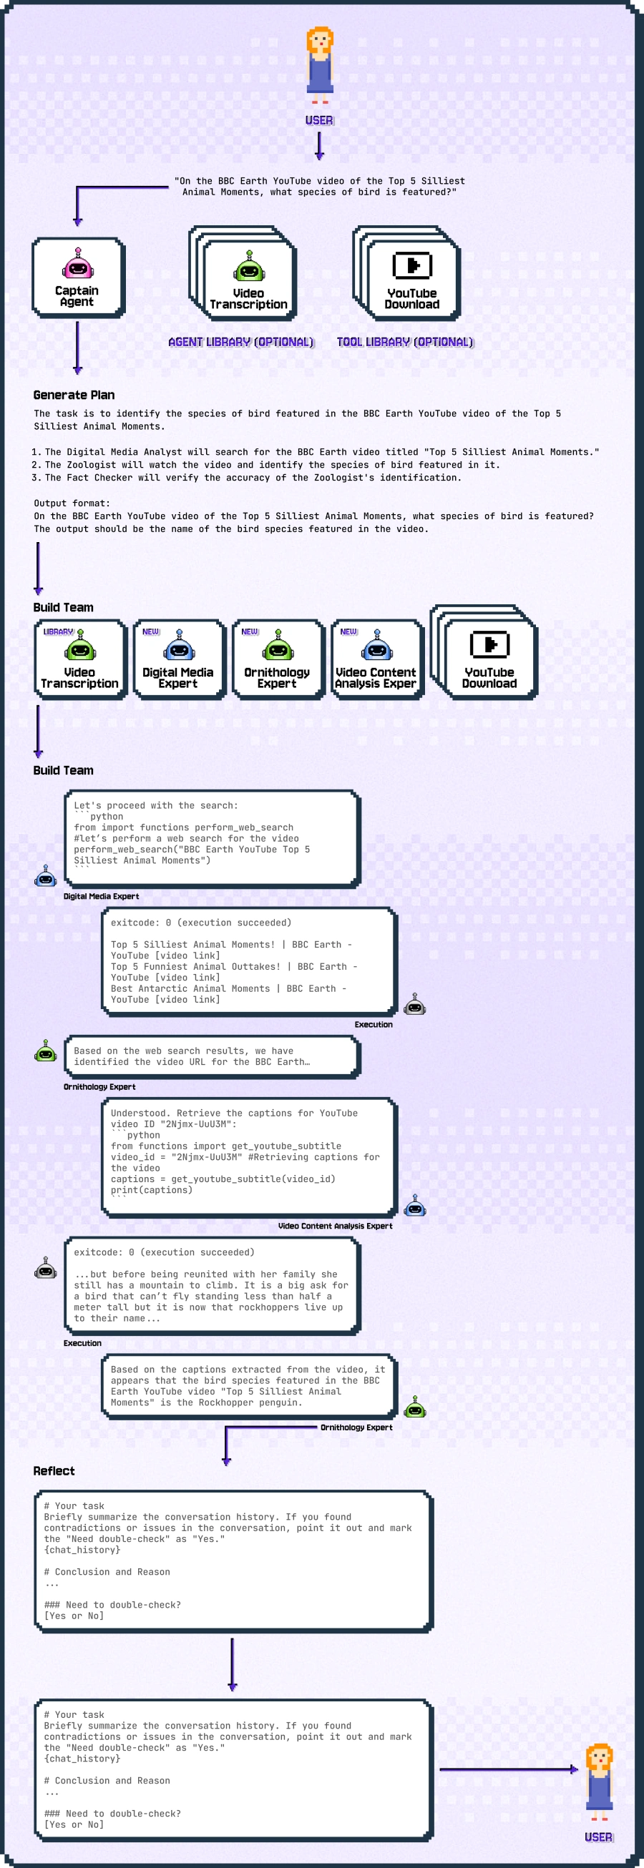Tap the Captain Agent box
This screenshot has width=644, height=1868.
(x=77, y=278)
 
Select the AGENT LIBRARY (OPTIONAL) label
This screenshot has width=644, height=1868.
(x=240, y=343)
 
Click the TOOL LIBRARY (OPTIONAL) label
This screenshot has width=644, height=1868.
(x=405, y=343)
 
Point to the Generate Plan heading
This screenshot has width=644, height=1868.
(x=74, y=395)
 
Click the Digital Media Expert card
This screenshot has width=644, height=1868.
(x=178, y=659)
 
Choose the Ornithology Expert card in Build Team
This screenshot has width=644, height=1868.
(x=277, y=659)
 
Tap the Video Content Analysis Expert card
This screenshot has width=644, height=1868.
(x=376, y=659)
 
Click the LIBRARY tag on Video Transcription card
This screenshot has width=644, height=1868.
(x=58, y=631)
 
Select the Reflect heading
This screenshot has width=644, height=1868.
(x=54, y=1470)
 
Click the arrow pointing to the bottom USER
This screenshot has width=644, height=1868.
(x=507, y=1769)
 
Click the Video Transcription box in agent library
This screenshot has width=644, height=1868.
(x=249, y=280)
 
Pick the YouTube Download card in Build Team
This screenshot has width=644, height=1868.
(x=489, y=659)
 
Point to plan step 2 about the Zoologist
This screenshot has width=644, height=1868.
(x=272, y=465)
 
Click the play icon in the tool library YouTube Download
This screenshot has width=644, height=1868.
(x=412, y=265)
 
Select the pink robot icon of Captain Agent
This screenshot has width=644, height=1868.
(x=77, y=265)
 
